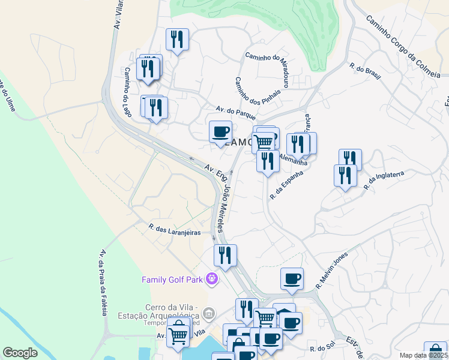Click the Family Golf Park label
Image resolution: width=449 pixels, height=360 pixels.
(173, 280)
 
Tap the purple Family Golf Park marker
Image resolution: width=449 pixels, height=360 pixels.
(211, 279)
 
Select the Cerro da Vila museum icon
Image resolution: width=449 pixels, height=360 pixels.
(208, 313)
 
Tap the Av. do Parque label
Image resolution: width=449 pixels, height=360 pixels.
(236, 112)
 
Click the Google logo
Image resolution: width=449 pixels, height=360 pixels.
(20, 353)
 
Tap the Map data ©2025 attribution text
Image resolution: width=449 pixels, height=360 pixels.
(423, 355)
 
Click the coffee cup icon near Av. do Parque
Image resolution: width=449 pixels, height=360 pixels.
(220, 131)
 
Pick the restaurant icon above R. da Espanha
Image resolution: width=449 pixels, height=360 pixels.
(267, 160)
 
